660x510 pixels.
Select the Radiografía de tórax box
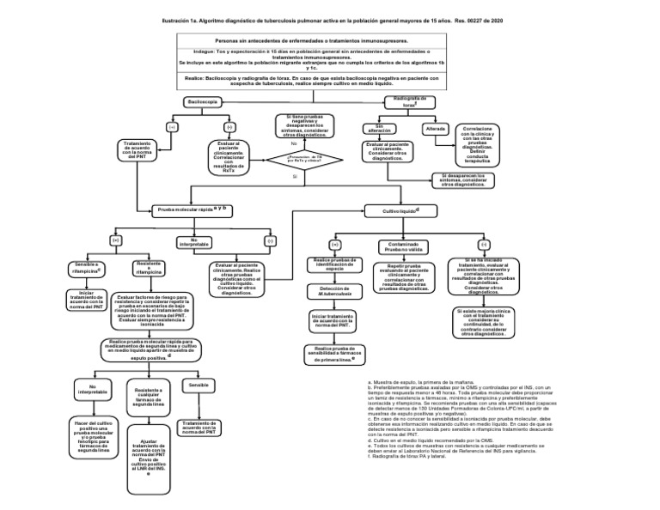coord(407,102)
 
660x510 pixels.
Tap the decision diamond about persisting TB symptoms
coord(295,158)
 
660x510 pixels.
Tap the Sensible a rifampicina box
coord(86,269)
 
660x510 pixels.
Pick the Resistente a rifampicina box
coord(142,268)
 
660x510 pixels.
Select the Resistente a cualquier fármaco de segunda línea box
coord(156,398)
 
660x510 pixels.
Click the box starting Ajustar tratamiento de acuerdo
coord(154,457)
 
